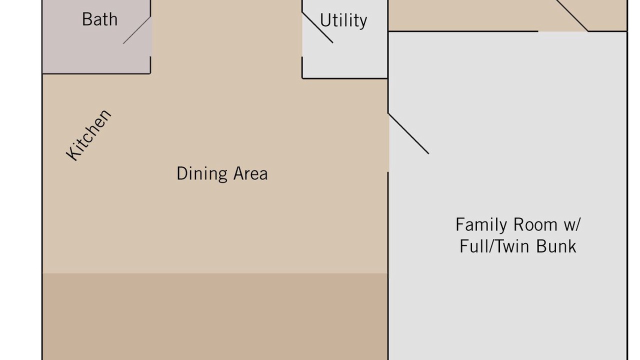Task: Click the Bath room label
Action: coord(99,19)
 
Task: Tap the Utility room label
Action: coord(343,20)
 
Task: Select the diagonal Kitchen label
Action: coord(88,135)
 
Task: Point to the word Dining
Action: coord(202,173)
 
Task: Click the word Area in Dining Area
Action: coord(250,173)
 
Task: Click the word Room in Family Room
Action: coord(535,224)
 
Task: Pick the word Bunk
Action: coord(556,246)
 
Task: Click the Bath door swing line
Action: coord(137,30)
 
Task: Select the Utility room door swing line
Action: coord(317,27)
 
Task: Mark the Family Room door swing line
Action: coord(408,133)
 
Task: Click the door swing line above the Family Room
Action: coord(571,15)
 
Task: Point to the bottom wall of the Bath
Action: coord(96,73)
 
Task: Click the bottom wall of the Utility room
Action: coord(345,78)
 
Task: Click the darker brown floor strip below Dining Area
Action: coord(215,316)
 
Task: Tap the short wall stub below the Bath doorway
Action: coord(150,65)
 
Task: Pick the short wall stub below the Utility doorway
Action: coord(302,67)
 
